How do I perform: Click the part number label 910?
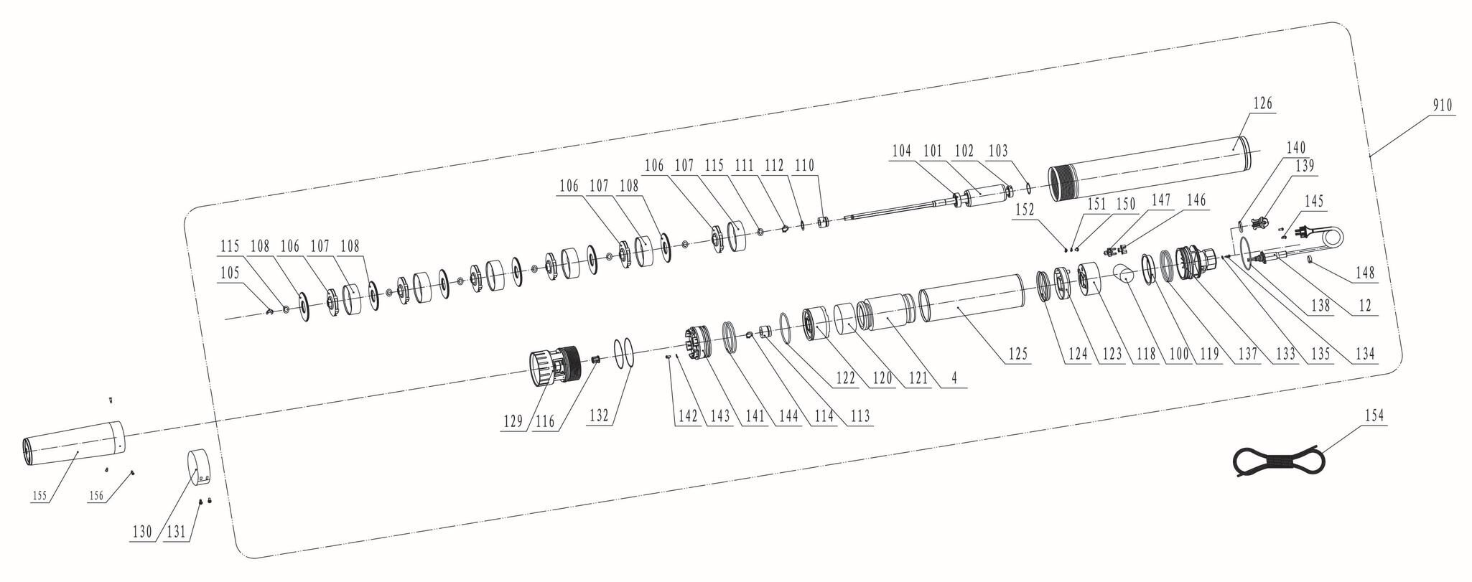(1441, 105)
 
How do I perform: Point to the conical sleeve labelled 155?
(72, 444)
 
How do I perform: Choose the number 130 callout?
(142, 532)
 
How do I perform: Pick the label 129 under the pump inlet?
(513, 422)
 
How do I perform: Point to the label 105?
(230, 273)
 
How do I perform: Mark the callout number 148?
(1365, 273)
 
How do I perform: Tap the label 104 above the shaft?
(902, 151)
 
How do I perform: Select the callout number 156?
(96, 495)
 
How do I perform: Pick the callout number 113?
(860, 416)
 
